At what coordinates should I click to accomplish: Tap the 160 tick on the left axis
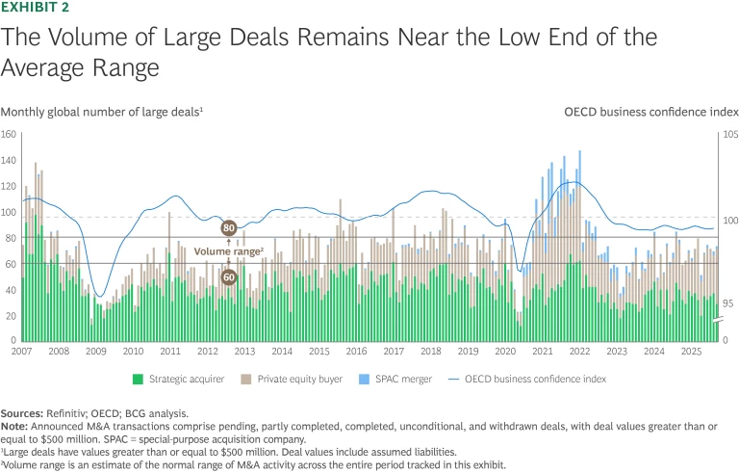pyautogui.click(x=10, y=134)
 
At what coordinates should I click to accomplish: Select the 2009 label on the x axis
pyautogui.click(x=95, y=352)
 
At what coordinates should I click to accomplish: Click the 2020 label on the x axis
pyautogui.click(x=505, y=352)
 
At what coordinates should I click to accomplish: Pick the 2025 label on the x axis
pyautogui.click(x=691, y=352)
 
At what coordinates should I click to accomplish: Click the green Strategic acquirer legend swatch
pyautogui.click(x=138, y=379)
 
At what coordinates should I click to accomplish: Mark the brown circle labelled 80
pyautogui.click(x=229, y=228)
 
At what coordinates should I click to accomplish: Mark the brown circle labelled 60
pyautogui.click(x=229, y=277)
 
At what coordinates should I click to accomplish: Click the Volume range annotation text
pyautogui.click(x=229, y=251)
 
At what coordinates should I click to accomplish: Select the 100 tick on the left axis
pyautogui.click(x=10, y=212)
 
